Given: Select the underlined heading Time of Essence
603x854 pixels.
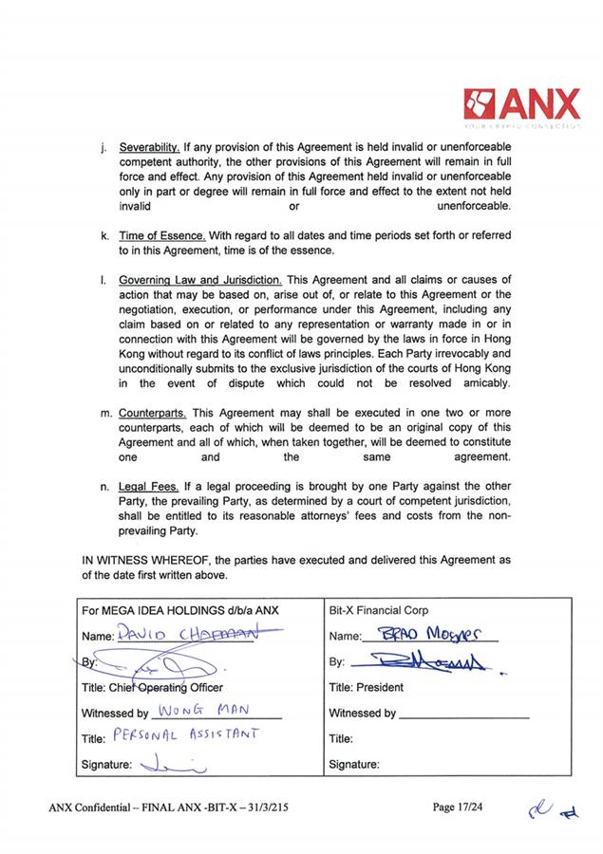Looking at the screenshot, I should coord(161,235).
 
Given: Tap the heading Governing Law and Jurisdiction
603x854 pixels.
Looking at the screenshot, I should coord(200,280).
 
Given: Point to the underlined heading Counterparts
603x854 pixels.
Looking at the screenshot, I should coord(154,414).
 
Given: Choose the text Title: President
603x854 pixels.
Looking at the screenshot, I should coord(366,687).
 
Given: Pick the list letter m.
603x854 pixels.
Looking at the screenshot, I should coord(104,415).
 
